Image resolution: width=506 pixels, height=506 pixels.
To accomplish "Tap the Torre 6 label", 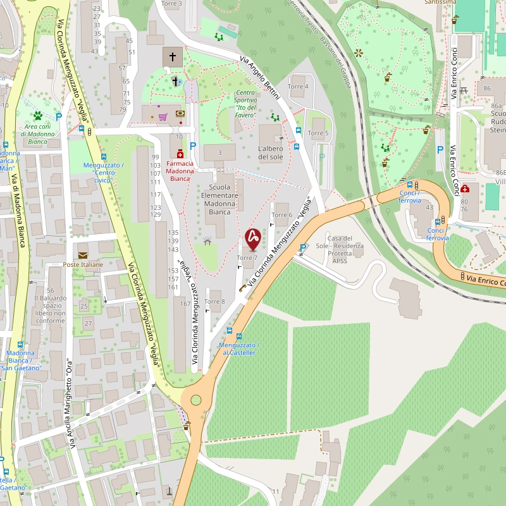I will (282, 215).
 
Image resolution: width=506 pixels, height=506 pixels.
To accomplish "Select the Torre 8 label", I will (214, 302).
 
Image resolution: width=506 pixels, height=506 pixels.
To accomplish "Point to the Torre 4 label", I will (298, 86).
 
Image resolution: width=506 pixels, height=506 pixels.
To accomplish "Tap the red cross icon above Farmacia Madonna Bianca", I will (180, 154).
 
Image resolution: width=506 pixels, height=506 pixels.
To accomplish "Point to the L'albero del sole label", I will (270, 152).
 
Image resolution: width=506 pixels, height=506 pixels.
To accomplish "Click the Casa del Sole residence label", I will (345, 249).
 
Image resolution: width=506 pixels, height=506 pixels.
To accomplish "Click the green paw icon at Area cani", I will (39, 116).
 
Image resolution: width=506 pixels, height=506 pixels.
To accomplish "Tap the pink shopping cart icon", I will (163, 116).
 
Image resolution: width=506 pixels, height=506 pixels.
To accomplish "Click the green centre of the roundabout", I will (196, 400).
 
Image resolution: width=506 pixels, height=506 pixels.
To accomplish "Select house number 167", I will (185, 304).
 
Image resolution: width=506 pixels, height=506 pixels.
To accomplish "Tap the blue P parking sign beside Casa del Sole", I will (303, 247).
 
